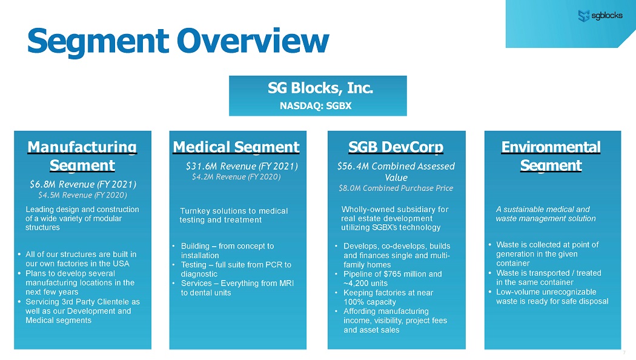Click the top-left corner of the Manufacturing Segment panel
[14, 131]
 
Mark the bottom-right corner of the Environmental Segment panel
[621, 349]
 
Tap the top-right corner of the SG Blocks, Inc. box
[407, 76]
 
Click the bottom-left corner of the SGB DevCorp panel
[328, 349]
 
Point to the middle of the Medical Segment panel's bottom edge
[237, 349]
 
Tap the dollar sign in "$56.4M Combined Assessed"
[340, 167]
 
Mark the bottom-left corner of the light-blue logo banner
[506, 47]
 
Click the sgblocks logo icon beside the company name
[584, 16]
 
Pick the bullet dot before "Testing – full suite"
[174, 265]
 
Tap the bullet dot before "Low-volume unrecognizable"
[489, 292]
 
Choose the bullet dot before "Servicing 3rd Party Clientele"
[19, 302]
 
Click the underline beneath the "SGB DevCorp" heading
[396, 154]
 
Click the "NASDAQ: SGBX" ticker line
[316, 106]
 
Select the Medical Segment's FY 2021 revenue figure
[242, 166]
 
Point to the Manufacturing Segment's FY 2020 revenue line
[83, 195]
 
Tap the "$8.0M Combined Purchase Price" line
[396, 188]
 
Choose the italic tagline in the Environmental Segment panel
[546, 214]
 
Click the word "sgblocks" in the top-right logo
[607, 15]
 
